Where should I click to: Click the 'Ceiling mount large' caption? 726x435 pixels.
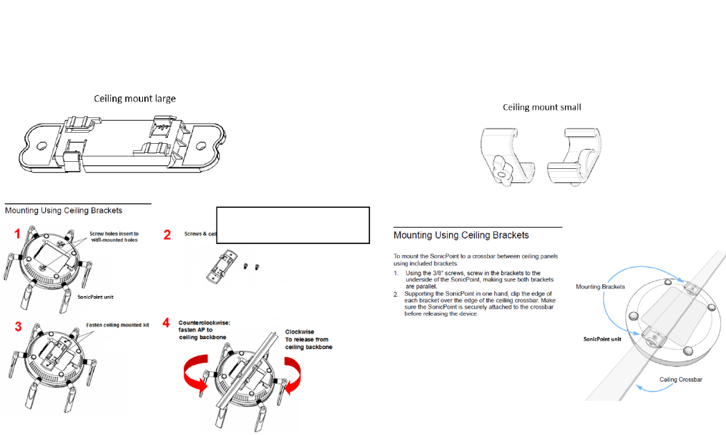click(x=135, y=99)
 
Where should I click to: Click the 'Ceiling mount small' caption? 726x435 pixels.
click(x=542, y=108)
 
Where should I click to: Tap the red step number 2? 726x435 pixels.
click(x=167, y=235)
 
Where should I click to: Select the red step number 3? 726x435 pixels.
click(x=12, y=325)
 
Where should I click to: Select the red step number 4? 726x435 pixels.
click(x=167, y=324)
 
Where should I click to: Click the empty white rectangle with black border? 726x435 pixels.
click(x=292, y=224)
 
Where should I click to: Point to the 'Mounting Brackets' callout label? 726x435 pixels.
click(x=600, y=287)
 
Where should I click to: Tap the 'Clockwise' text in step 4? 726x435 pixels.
click(x=300, y=332)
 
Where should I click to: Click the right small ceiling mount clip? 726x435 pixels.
click(x=575, y=157)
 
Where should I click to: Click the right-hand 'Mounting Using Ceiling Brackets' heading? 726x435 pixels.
click(x=461, y=236)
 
